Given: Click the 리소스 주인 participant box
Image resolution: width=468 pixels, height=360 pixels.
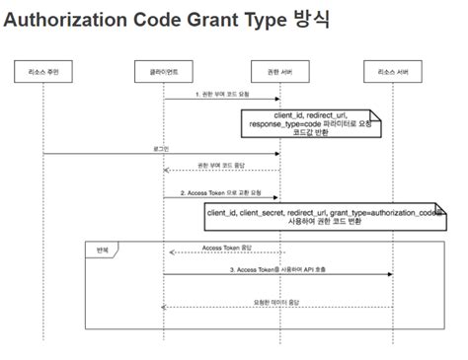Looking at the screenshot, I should click(x=42, y=75).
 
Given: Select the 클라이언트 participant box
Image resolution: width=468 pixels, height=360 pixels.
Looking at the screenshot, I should click(x=163, y=75).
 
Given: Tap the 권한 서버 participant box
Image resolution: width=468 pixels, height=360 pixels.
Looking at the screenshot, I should click(x=279, y=75).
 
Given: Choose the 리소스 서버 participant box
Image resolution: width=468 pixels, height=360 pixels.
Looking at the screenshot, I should click(x=393, y=75).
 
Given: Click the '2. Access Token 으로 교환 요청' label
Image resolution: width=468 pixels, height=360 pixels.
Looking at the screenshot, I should click(x=221, y=192).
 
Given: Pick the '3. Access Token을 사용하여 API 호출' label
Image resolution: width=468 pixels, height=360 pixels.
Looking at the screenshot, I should click(x=277, y=268).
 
